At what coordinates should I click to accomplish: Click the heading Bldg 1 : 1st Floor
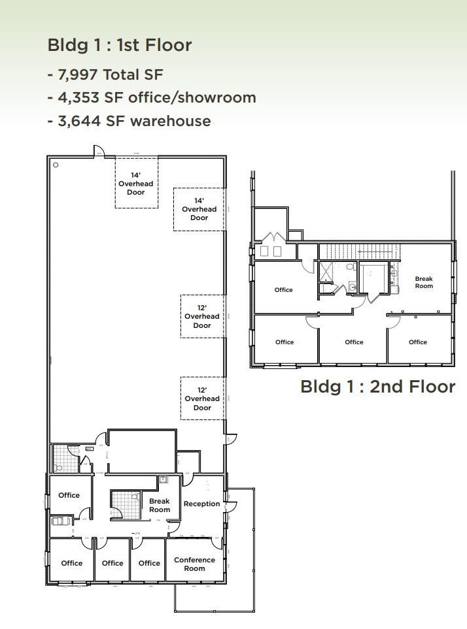pyautogui.click(x=120, y=45)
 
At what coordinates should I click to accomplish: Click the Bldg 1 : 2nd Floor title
pyautogui.click(x=377, y=386)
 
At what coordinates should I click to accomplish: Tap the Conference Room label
pyautogui.click(x=194, y=564)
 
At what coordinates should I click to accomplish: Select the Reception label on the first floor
pyautogui.click(x=201, y=504)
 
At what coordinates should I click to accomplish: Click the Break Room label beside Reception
pyautogui.click(x=160, y=506)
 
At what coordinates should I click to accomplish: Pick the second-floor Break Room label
pyautogui.click(x=424, y=282)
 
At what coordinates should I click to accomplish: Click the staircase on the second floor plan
pyautogui.click(x=358, y=251)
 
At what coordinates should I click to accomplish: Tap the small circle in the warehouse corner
pyautogui.click(x=56, y=165)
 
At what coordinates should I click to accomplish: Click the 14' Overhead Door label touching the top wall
pyautogui.click(x=136, y=184)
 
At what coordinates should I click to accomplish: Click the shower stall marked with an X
pyautogui.click(x=325, y=270)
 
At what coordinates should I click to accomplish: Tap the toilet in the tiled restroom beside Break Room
pyautogui.click(x=135, y=498)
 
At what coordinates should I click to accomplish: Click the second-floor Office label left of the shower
pyautogui.click(x=284, y=290)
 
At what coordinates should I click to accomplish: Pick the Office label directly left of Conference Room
pyautogui.click(x=149, y=563)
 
